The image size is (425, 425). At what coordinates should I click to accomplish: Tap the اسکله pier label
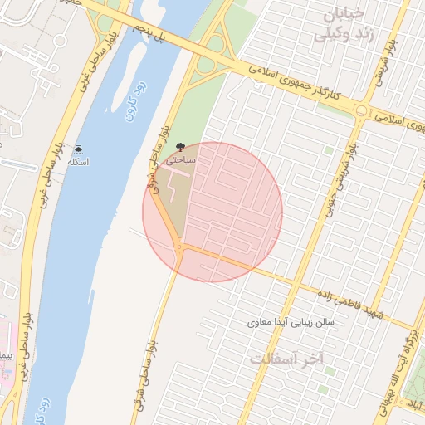[78, 161]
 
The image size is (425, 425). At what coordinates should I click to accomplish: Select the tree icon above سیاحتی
[180, 146]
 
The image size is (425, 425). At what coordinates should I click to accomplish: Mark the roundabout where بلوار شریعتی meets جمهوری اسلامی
[362, 110]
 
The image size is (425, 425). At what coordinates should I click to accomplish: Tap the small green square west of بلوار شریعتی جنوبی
[329, 151]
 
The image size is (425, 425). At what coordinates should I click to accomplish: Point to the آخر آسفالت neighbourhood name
[286, 359]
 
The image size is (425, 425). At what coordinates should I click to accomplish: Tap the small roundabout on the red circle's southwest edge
[178, 246]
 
